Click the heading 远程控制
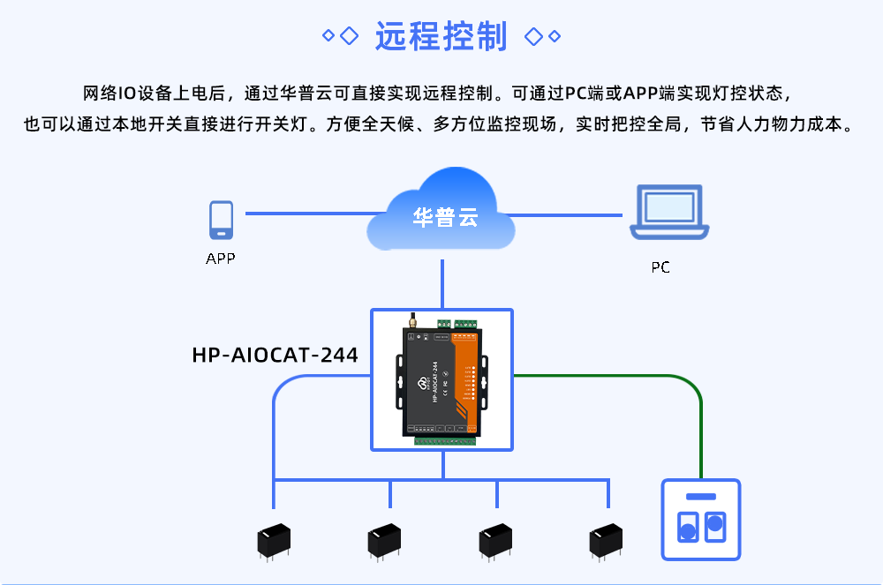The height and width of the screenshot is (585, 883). pyautogui.click(x=441, y=36)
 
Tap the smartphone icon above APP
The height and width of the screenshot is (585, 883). pyautogui.click(x=222, y=220)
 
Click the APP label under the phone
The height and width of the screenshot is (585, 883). pyautogui.click(x=221, y=259)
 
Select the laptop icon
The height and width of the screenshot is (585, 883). pyautogui.click(x=669, y=213)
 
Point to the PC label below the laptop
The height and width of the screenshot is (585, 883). pyautogui.click(x=660, y=267)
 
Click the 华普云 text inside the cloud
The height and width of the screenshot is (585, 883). pyautogui.click(x=445, y=217)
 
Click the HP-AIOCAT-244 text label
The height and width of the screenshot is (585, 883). pyautogui.click(x=275, y=356)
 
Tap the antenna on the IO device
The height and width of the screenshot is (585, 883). pyautogui.click(x=411, y=319)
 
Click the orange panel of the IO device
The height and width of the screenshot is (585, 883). pyautogui.click(x=465, y=379)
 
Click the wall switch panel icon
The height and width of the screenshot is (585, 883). pyautogui.click(x=701, y=520)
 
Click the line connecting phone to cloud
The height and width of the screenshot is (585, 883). pyautogui.click(x=309, y=214)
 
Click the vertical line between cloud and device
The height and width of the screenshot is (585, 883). pyautogui.click(x=441, y=282)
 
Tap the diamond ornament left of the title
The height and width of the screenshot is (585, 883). pyautogui.click(x=340, y=36)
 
